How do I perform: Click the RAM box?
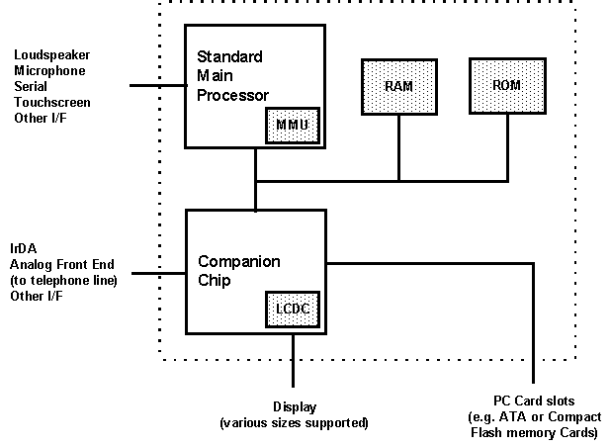[x=398, y=87]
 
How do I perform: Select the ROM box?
[x=506, y=85]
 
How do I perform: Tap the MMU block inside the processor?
[x=291, y=124]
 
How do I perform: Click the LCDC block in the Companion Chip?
[x=293, y=309]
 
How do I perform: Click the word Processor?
[x=233, y=95]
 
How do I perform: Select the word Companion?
[x=239, y=262]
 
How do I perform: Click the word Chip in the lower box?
[x=216, y=282]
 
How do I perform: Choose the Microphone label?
[x=49, y=70]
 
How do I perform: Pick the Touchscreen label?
[x=50, y=102]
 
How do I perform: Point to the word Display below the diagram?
[x=294, y=407]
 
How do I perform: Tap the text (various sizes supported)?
[x=294, y=423]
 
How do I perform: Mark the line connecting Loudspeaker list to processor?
[x=158, y=86]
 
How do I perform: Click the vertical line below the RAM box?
[x=399, y=150]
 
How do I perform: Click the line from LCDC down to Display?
[x=294, y=360]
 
